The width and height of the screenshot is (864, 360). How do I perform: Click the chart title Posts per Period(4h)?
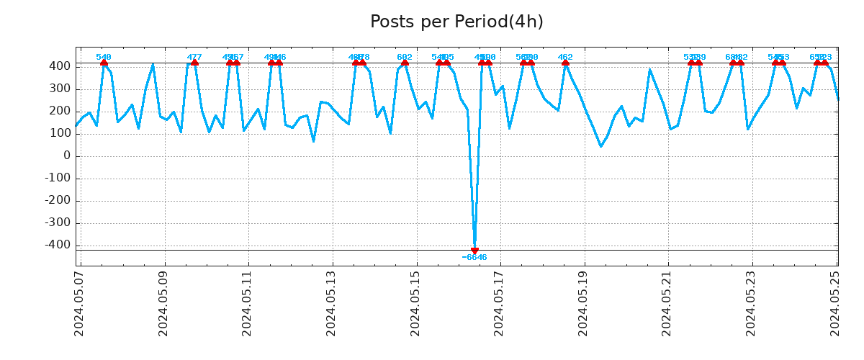point(456,22)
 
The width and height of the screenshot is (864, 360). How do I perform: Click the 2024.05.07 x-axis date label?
point(79,302)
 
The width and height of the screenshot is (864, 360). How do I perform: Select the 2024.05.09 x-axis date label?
point(163,302)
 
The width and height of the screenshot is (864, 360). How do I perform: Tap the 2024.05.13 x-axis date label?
point(332,302)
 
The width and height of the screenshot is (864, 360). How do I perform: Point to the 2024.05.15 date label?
point(416,302)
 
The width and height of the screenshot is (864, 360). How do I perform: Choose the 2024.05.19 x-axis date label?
point(584,302)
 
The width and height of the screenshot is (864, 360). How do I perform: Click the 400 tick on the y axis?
point(60,66)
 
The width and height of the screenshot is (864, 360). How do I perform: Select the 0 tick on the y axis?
point(66,156)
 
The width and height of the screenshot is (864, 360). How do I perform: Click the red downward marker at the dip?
point(474,251)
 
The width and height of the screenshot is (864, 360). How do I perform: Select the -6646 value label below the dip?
point(474,258)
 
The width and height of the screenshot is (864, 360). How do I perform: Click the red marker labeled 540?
point(104,63)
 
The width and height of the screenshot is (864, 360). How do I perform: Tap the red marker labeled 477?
point(194,63)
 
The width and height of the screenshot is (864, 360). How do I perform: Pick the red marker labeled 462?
point(565,63)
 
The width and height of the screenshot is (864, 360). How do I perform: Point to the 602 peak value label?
point(405,58)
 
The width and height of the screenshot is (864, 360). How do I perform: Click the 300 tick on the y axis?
point(60,89)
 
